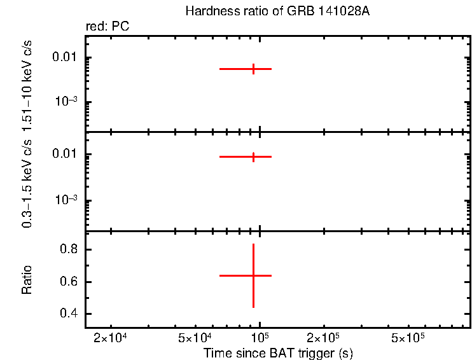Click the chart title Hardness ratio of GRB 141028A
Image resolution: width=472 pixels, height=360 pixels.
pos(277,11)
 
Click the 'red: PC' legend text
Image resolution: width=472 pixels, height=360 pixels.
pos(108,27)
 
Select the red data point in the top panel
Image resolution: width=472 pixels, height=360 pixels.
pos(254,69)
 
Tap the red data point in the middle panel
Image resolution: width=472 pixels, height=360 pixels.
pos(254,156)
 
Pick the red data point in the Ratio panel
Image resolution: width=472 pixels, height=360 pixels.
pos(254,275)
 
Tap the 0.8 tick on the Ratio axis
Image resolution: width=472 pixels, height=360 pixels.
pos(69,250)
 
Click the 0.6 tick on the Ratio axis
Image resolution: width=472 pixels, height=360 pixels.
pos(69,282)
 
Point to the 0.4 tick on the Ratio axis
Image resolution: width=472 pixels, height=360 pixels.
pos(69,314)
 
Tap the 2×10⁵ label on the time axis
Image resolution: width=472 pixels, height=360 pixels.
pos(324,337)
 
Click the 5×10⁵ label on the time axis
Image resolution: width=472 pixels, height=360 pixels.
pos(408,337)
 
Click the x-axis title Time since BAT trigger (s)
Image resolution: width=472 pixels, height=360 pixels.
pos(277,352)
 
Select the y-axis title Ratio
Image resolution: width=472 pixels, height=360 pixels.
pos(27,280)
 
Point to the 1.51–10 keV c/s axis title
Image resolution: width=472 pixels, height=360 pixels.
pos(27,83)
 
